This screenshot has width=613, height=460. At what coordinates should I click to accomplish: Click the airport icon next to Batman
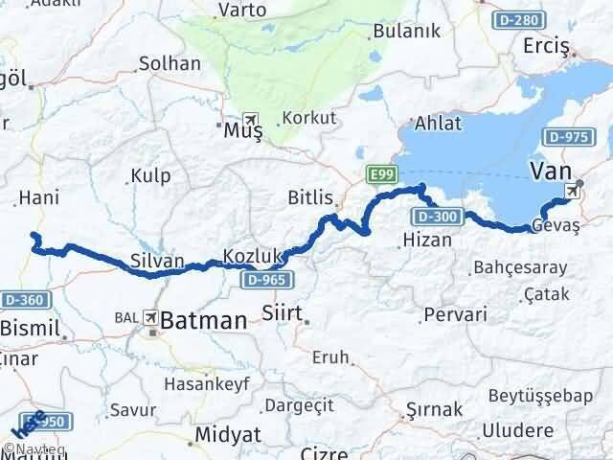tap(150, 317)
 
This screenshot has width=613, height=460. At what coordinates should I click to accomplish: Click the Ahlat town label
tap(438, 123)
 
